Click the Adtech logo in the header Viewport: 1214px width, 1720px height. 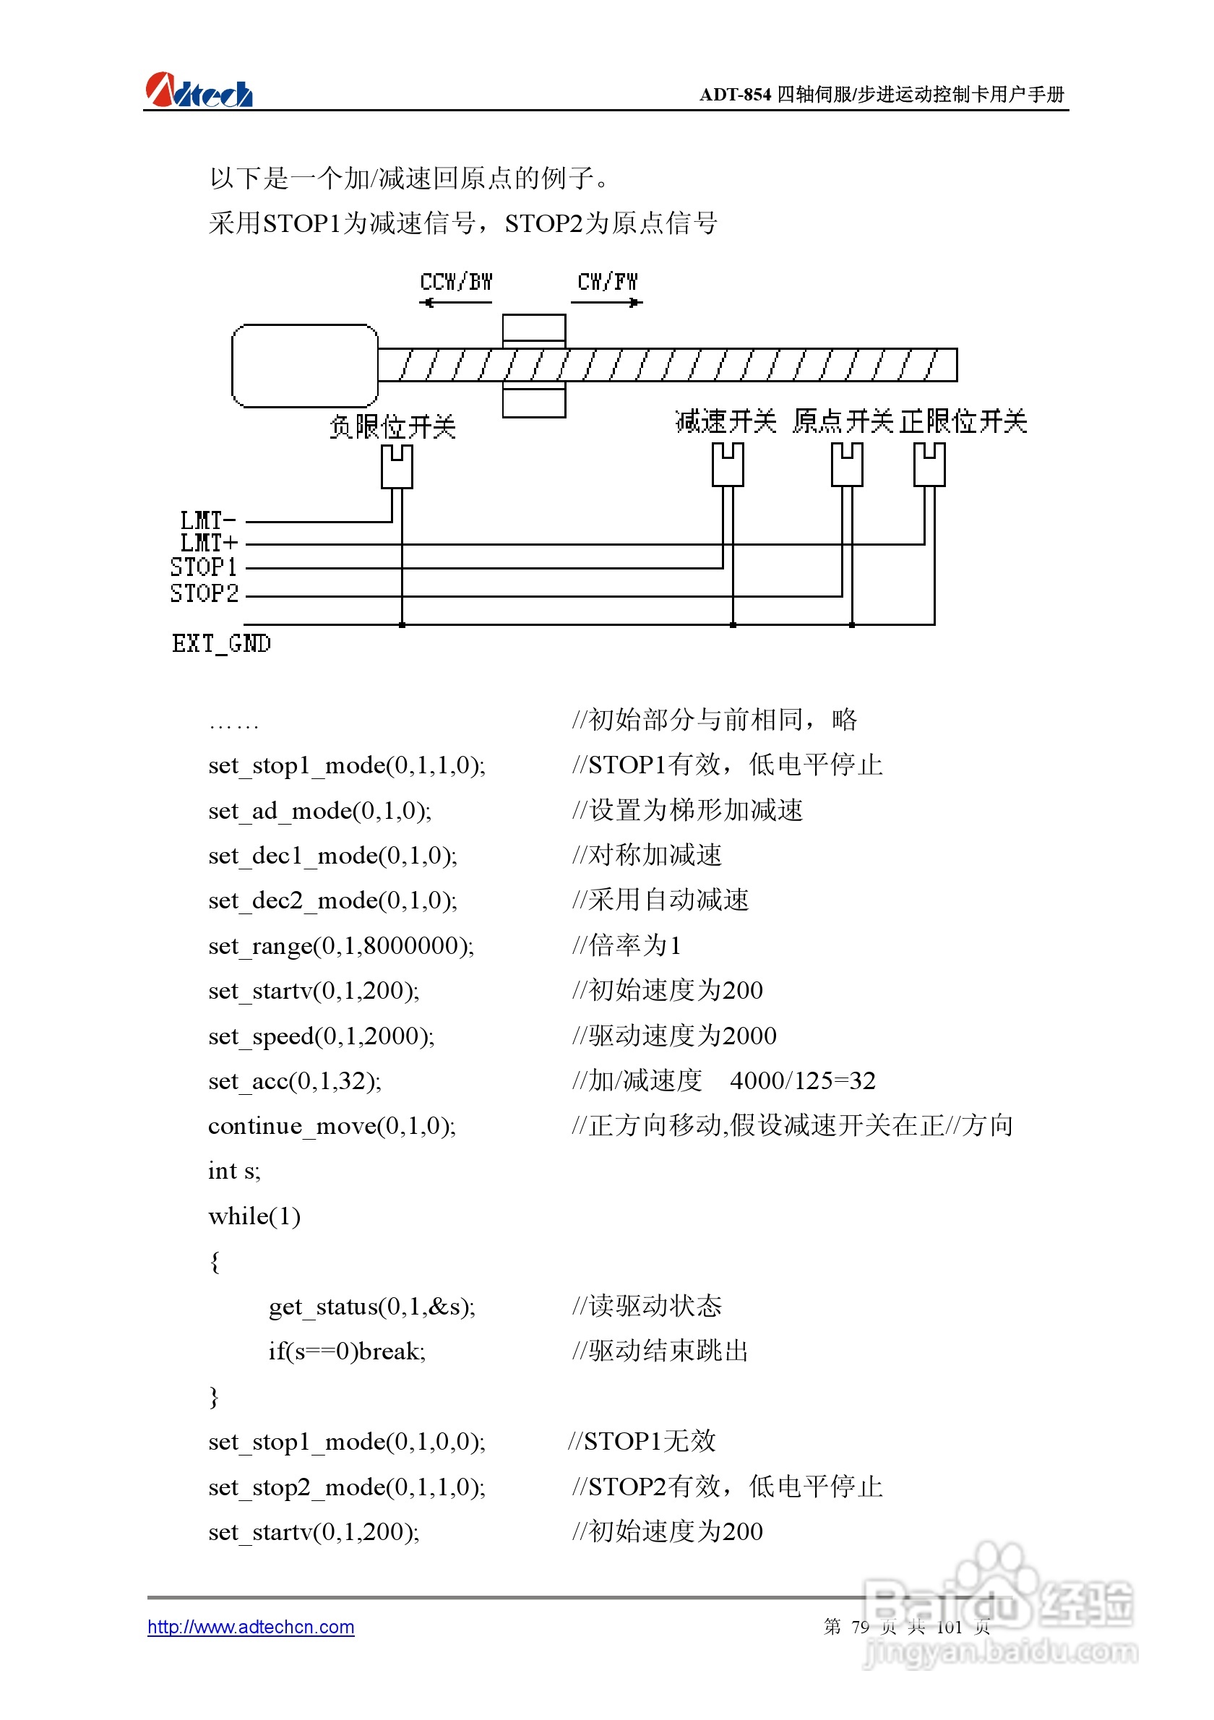pyautogui.click(x=199, y=90)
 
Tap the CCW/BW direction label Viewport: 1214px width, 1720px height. pyautogui.click(x=455, y=283)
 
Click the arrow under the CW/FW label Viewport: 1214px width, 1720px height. pyautogui.click(x=606, y=303)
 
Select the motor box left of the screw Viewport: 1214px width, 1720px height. pyautogui.click(x=305, y=366)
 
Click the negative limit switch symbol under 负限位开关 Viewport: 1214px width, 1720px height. pyautogui.click(x=397, y=466)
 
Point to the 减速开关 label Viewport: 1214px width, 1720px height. pyautogui.click(x=725, y=422)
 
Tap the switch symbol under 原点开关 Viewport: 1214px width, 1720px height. pyautogui.click(x=846, y=464)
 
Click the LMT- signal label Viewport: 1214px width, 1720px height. pyautogui.click(x=208, y=520)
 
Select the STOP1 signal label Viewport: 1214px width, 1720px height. pyautogui.click(x=204, y=567)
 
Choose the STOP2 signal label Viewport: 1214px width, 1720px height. pyautogui.click(x=204, y=593)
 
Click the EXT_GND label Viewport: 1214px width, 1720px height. pyautogui.click(x=222, y=643)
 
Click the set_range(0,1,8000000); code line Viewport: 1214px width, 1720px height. pyautogui.click(x=341, y=946)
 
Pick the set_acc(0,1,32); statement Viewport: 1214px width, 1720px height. pyautogui.click(x=294, y=1081)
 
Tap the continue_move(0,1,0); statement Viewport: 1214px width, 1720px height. pyautogui.click(x=332, y=1126)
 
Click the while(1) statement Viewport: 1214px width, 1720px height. pyautogui.click(x=254, y=1216)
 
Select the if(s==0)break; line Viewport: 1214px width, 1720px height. pyautogui.click(x=347, y=1351)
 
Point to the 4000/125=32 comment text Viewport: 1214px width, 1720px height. pyautogui.click(x=802, y=1081)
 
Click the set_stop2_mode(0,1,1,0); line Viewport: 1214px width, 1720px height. pyautogui.click(x=347, y=1487)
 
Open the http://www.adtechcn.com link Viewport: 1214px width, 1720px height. pyautogui.click(x=251, y=1627)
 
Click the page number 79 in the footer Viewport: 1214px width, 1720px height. pyautogui.click(x=860, y=1627)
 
